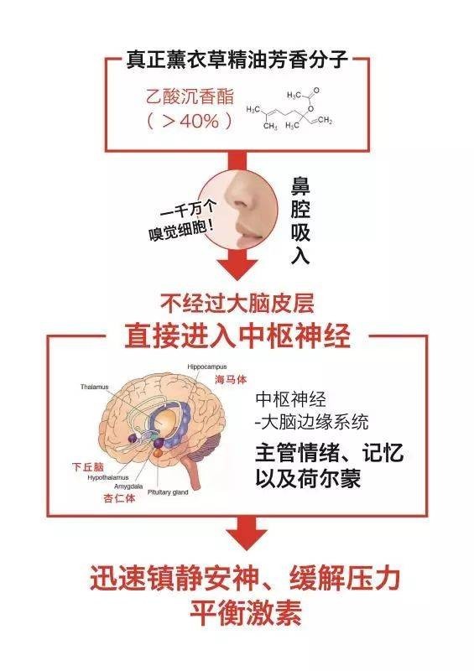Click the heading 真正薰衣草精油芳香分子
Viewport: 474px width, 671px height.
coord(237,60)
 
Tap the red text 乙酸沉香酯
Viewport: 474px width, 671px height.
coord(190,96)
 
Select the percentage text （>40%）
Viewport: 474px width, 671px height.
coord(190,122)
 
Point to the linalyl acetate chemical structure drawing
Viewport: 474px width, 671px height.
coord(289,109)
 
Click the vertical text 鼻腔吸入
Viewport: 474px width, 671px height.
coord(300,221)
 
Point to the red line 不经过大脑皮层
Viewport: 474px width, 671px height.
coord(237,303)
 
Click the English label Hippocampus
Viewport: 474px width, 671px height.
coord(207,367)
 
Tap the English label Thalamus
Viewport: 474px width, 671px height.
coord(95,387)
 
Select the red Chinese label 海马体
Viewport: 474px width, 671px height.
coord(231,379)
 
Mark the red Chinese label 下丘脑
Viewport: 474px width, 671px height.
coord(88,467)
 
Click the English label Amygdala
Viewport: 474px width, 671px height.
coord(128,486)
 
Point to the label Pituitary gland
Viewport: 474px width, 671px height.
coord(168,492)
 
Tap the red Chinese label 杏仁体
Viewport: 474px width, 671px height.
coord(119,498)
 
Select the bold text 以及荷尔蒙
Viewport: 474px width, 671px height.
coord(308,478)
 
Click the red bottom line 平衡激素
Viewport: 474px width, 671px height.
coord(246,612)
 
